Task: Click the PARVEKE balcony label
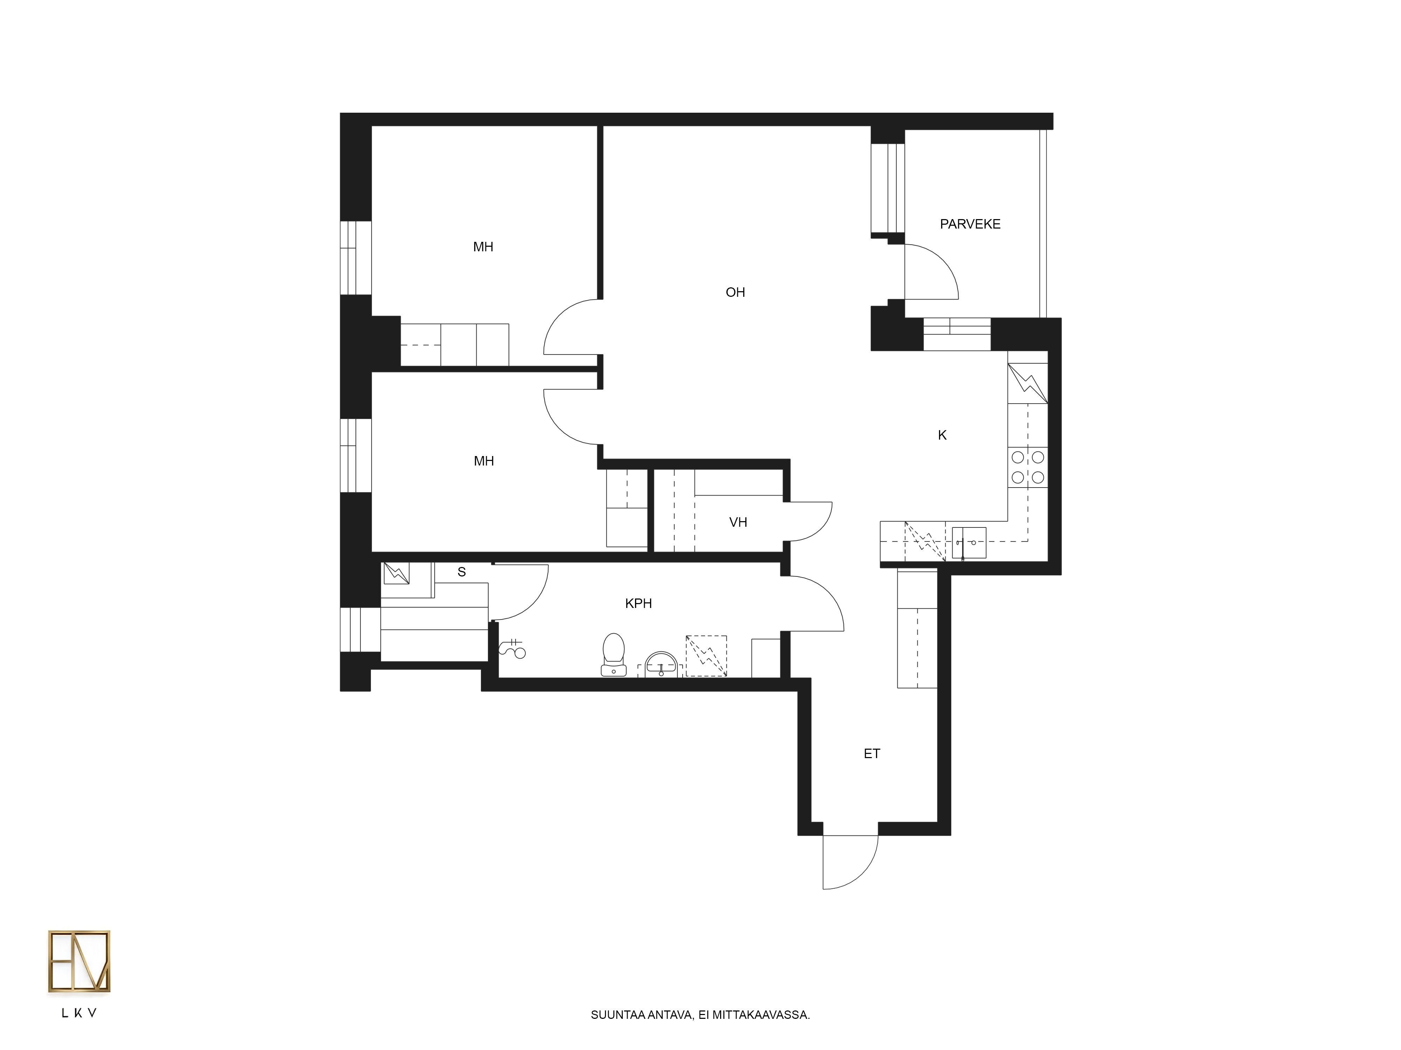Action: click(970, 224)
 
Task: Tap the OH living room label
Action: click(735, 292)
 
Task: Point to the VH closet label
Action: click(738, 522)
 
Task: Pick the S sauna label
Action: click(462, 572)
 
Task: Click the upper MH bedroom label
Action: click(483, 247)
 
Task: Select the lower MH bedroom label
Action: click(484, 461)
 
